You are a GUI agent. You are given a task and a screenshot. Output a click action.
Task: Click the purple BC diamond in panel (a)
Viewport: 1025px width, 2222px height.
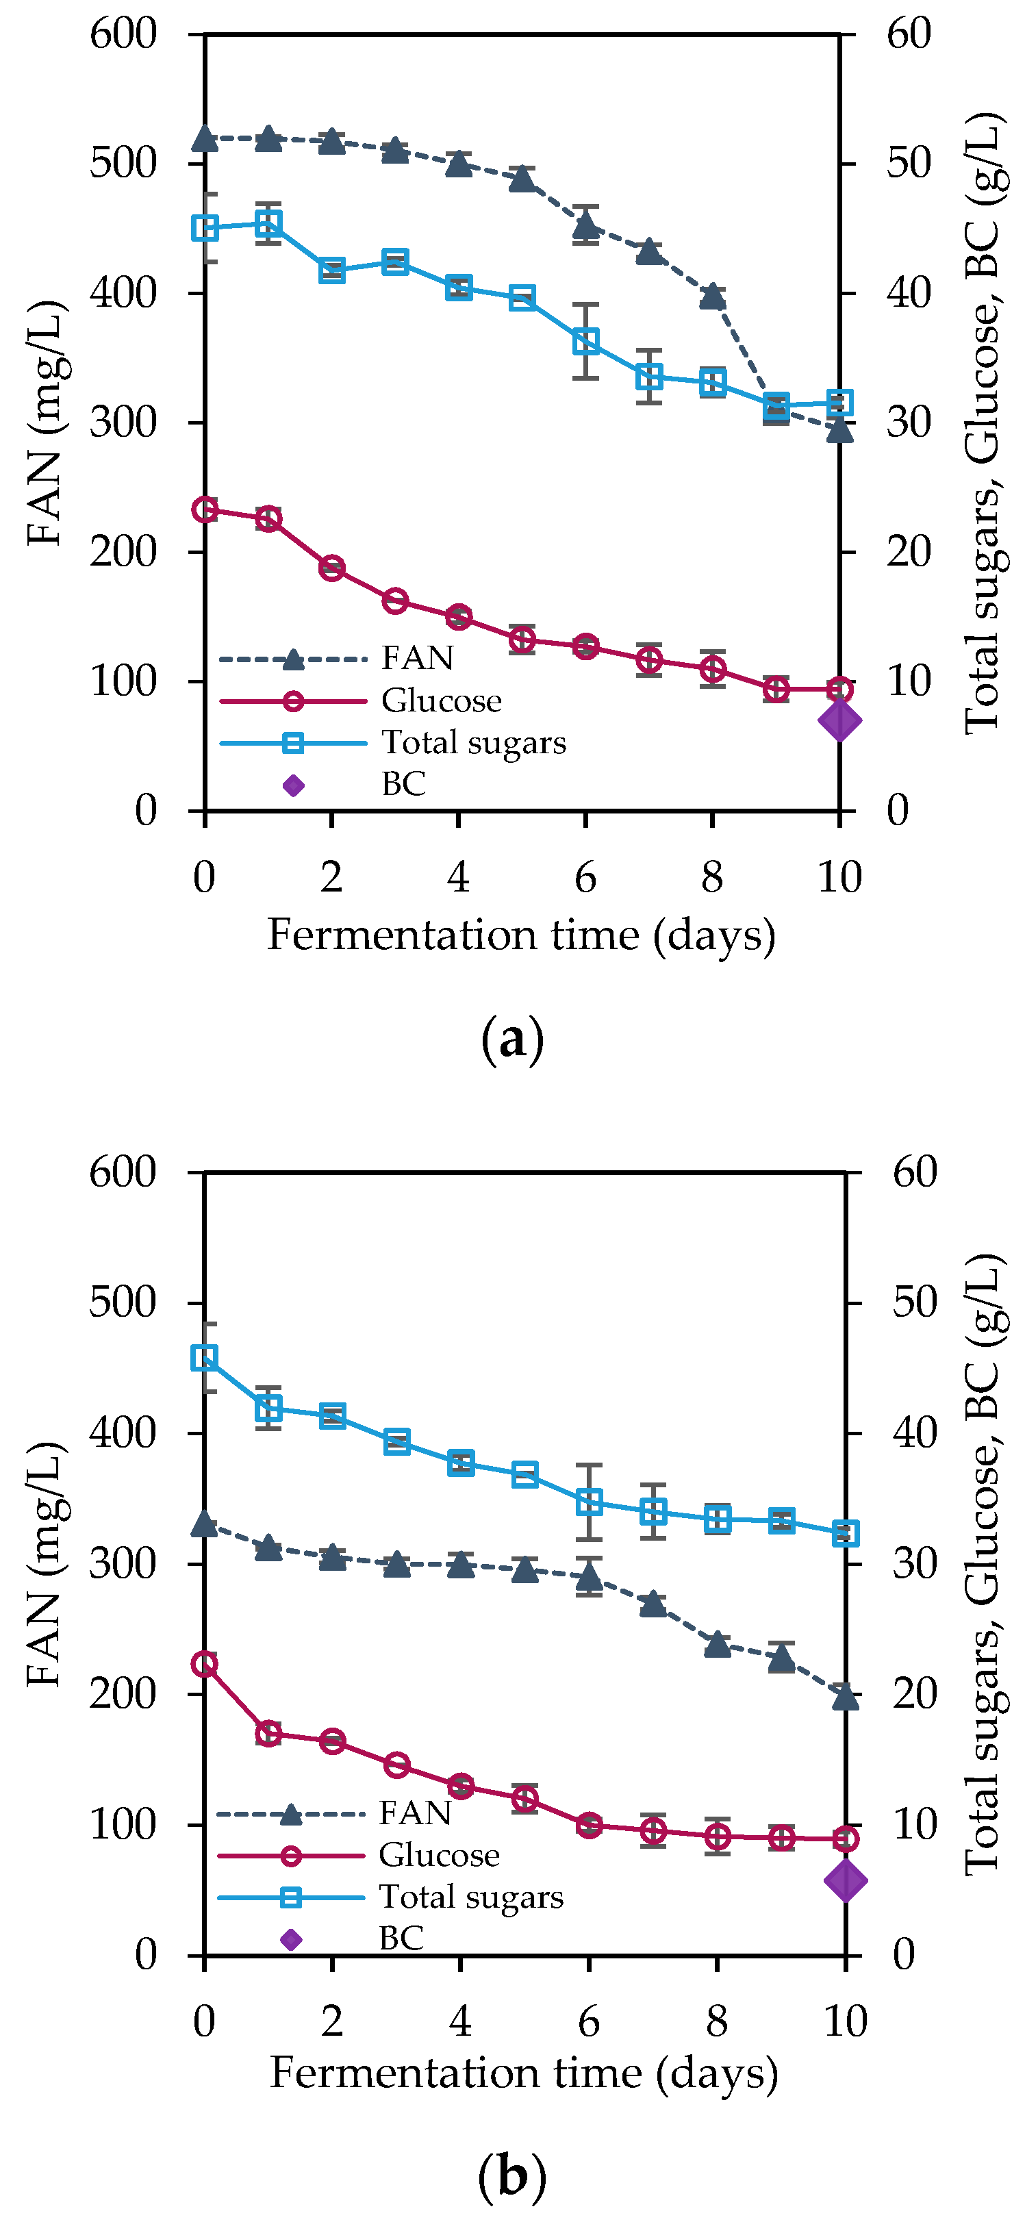click(x=839, y=720)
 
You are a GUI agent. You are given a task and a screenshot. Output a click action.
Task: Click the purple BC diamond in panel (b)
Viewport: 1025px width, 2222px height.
click(x=845, y=1880)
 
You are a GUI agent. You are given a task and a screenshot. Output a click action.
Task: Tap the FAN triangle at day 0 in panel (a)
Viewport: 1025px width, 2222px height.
click(x=205, y=137)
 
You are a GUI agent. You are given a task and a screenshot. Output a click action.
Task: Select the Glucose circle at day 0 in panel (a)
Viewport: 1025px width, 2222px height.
click(x=205, y=509)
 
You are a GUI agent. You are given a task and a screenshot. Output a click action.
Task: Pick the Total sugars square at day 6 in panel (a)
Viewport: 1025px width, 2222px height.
click(x=586, y=342)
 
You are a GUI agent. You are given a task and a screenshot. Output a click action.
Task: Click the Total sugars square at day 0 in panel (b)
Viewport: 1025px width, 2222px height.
click(x=205, y=1358)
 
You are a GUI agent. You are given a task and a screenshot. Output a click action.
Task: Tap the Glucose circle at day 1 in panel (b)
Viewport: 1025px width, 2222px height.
click(x=268, y=1733)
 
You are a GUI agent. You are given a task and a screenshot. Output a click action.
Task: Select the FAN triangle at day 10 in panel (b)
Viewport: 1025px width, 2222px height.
click(x=845, y=1697)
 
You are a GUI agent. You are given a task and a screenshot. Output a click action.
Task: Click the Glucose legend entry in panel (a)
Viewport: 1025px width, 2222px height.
click(x=441, y=700)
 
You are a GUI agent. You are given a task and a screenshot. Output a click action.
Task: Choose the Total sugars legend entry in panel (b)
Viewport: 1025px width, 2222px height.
click(x=470, y=1897)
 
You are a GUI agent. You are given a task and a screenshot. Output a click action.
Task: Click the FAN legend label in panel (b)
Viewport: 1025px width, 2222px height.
click(x=415, y=1813)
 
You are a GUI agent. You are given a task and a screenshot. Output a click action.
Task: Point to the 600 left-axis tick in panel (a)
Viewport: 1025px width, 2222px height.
click(x=123, y=34)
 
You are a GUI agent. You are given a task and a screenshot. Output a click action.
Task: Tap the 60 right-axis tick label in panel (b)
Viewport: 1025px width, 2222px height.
click(x=915, y=1172)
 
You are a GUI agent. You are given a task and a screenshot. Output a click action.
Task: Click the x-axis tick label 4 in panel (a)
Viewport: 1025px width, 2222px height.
click(x=458, y=877)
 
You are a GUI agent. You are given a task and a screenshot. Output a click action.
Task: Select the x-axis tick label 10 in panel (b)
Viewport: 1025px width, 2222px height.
click(x=845, y=2021)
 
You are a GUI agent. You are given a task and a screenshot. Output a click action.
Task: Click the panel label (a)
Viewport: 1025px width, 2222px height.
click(x=512, y=1039)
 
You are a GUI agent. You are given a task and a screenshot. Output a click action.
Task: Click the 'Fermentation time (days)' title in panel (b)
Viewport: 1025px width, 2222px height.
click(x=524, y=2073)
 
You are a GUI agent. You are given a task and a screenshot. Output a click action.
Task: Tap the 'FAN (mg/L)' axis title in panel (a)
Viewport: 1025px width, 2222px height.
click(x=45, y=422)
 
